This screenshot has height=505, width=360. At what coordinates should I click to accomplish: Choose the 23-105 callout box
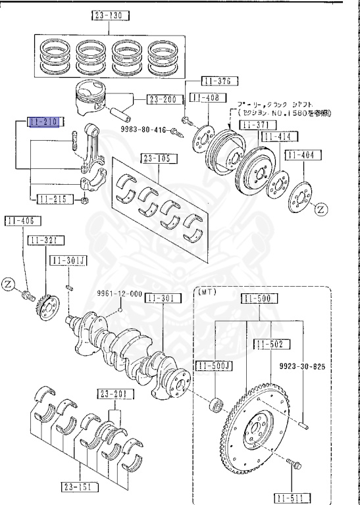pyautogui.click(x=153, y=158)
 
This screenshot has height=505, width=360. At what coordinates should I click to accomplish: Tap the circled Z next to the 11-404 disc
pyautogui.click(x=319, y=210)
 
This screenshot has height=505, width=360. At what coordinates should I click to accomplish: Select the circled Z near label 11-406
pyautogui.click(x=7, y=284)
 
